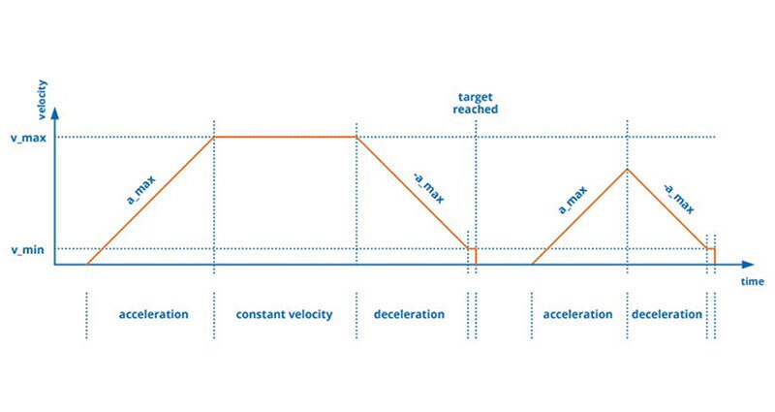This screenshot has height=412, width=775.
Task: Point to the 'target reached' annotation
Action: (477, 103)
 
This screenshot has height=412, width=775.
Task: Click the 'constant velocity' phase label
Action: (285, 314)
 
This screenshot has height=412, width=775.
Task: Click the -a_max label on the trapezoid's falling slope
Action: (427, 183)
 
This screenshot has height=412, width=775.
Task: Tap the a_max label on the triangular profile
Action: (573, 198)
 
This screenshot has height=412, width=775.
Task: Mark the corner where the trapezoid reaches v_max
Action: (213, 137)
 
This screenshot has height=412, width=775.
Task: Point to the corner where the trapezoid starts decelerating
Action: (357, 137)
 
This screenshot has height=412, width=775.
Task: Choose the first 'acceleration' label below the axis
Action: (153, 314)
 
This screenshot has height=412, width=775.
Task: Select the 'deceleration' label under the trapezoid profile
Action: (410, 314)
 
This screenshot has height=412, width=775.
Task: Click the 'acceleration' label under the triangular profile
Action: (578, 314)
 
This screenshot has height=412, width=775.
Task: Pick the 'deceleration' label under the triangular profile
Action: (667, 314)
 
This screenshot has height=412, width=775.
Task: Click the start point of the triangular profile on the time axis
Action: (533, 264)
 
